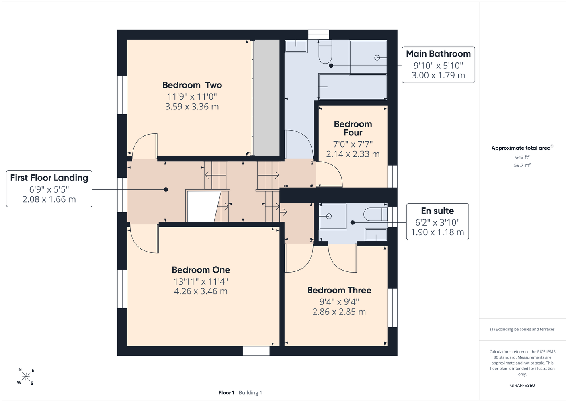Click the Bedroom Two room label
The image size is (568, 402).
(192, 85)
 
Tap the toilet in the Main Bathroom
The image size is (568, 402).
(325, 52)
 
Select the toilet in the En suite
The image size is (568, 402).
(375, 214)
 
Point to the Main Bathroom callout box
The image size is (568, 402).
(438, 65)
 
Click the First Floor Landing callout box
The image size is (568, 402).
(49, 189)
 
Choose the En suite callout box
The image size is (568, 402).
(437, 222)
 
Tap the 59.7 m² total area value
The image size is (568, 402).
(522, 165)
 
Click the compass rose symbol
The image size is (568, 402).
(26, 377)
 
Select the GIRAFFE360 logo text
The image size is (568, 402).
(522, 385)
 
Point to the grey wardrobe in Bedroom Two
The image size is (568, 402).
(267, 98)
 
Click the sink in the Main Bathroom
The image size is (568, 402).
(296, 46)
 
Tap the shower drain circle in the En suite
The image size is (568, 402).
(329, 216)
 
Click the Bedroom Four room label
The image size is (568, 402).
(353, 128)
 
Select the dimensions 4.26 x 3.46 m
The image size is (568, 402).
(201, 291)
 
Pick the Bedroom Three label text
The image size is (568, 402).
(339, 290)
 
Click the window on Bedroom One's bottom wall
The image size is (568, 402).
(256, 351)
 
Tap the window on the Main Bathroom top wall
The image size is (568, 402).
(318, 35)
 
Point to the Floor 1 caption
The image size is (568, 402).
(226, 393)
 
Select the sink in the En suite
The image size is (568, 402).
(376, 234)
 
